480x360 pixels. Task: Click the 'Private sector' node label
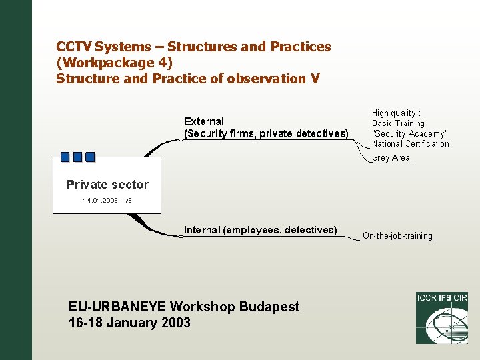tap(107, 185)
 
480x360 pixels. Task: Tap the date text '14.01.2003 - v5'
tap(107, 200)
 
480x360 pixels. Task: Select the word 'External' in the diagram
tap(204, 121)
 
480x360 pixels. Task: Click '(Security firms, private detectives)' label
tap(266, 134)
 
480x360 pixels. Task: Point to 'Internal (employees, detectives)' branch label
tap(261, 230)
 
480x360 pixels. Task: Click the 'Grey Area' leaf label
tap(391, 158)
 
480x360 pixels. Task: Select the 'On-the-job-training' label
tap(397, 236)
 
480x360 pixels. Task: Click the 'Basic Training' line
tap(398, 123)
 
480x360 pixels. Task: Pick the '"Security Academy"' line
tap(410, 133)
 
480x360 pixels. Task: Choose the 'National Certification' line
tap(411, 143)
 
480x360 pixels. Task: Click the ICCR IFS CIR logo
tap(442, 318)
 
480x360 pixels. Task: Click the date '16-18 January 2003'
tap(129, 323)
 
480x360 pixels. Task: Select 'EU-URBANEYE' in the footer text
tap(117, 307)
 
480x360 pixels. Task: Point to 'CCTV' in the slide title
tap(74, 47)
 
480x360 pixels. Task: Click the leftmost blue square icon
tap(65, 157)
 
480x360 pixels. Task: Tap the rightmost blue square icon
tap(90, 157)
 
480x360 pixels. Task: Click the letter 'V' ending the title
tap(315, 79)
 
